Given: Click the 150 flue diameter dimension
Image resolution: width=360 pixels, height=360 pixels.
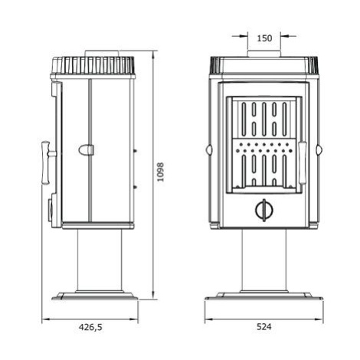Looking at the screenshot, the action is (264, 38).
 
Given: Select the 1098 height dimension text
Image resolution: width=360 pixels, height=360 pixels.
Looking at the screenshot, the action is (160, 172).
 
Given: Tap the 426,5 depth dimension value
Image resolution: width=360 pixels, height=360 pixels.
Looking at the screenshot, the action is (90, 327).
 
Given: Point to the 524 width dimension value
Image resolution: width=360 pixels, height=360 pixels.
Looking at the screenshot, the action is (264, 326).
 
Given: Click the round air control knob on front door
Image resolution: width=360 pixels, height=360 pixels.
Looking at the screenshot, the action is (264, 210).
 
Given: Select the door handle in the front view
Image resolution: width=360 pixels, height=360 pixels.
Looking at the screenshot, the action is (303, 163).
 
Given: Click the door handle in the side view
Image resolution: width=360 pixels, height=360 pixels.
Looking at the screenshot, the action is (48, 162).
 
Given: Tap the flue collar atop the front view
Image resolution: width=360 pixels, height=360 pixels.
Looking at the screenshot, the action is (264, 54).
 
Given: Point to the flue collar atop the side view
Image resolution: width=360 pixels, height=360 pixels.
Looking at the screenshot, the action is (102, 54).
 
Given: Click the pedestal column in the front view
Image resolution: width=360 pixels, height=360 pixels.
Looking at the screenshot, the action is (264, 260).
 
